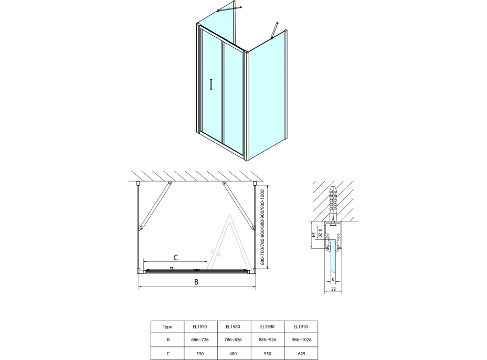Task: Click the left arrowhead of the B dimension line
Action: click(x=140, y=287)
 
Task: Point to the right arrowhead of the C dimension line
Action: click(x=206, y=262)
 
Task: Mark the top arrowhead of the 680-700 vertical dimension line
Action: click(x=268, y=187)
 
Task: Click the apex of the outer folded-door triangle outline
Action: click(x=229, y=215)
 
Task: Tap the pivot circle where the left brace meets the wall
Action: click(x=170, y=183)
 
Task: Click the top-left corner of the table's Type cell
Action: click(x=151, y=321)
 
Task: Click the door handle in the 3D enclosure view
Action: click(x=211, y=84)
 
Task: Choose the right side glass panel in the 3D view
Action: click(x=268, y=96)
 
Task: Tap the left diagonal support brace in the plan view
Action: click(x=155, y=206)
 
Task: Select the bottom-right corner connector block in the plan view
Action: click(x=252, y=272)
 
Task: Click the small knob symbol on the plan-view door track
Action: click(x=171, y=268)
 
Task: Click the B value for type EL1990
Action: click(x=267, y=340)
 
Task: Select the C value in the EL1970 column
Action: click(x=200, y=353)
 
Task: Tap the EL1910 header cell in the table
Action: click(x=301, y=326)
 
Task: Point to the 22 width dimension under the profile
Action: click(x=333, y=289)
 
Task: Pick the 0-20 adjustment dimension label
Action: click(x=320, y=232)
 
